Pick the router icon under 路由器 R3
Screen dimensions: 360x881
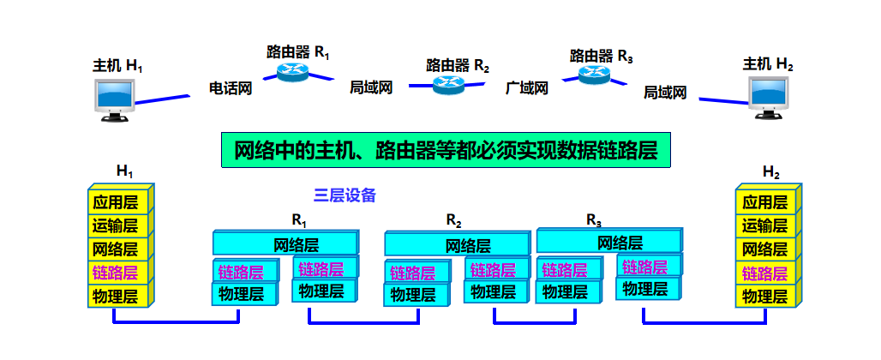point(594,75)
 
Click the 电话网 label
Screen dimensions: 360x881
point(231,87)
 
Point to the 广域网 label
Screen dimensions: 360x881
point(526,87)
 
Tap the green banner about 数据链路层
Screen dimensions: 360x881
point(446,150)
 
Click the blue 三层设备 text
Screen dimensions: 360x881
point(345,195)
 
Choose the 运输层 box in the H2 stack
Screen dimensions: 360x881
point(764,226)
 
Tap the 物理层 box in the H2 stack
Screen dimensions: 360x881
point(764,297)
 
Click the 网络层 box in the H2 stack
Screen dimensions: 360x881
point(764,250)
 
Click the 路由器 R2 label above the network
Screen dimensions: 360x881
point(458,65)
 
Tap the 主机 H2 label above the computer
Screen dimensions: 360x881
point(768,64)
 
